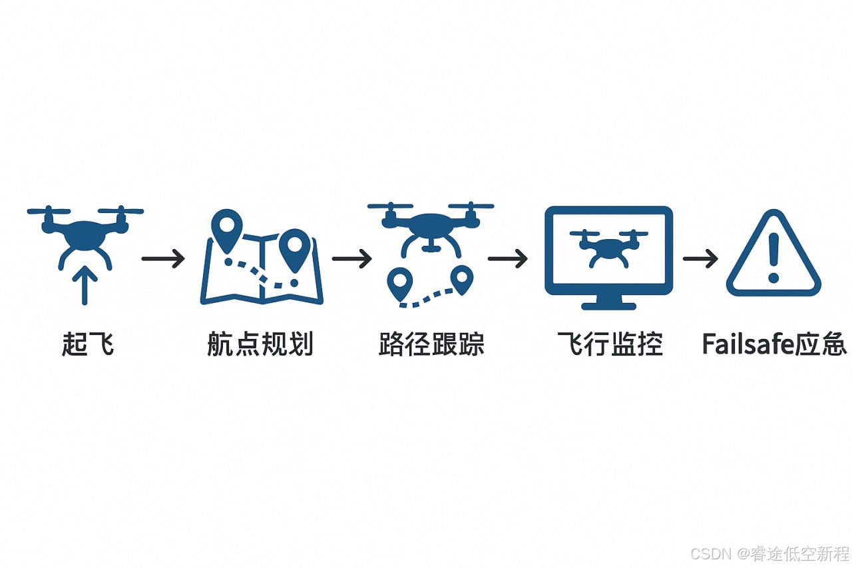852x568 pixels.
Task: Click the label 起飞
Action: [x=87, y=345]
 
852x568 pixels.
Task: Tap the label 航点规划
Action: [x=260, y=345]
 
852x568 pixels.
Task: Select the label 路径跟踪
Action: [x=431, y=345]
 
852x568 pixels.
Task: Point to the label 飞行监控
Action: [x=610, y=345]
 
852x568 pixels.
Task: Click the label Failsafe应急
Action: [x=774, y=345]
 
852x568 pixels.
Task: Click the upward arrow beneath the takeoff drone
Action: [x=84, y=285]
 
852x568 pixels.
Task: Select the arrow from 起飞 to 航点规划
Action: [x=163, y=258]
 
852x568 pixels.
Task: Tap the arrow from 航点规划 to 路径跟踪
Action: [x=351, y=258]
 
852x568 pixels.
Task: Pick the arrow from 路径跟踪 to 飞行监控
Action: [x=508, y=258]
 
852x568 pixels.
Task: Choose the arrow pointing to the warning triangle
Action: [x=700, y=258]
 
